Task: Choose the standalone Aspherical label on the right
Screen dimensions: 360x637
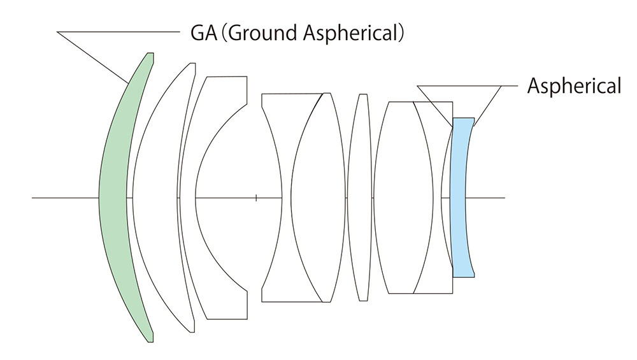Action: pyautogui.click(x=573, y=85)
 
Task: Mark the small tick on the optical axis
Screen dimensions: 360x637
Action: pyautogui.click(x=256, y=198)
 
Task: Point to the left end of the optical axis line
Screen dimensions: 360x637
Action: pyautogui.click(x=33, y=198)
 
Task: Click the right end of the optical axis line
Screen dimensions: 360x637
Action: pyautogui.click(x=504, y=198)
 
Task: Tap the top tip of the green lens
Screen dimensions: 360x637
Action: pyautogui.click(x=150, y=54)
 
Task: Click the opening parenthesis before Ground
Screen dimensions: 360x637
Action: pyautogui.click(x=221, y=32)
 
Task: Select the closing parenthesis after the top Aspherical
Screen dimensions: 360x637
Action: pyautogui.click(x=402, y=32)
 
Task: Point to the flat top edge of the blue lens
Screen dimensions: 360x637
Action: pyautogui.click(x=464, y=118)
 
